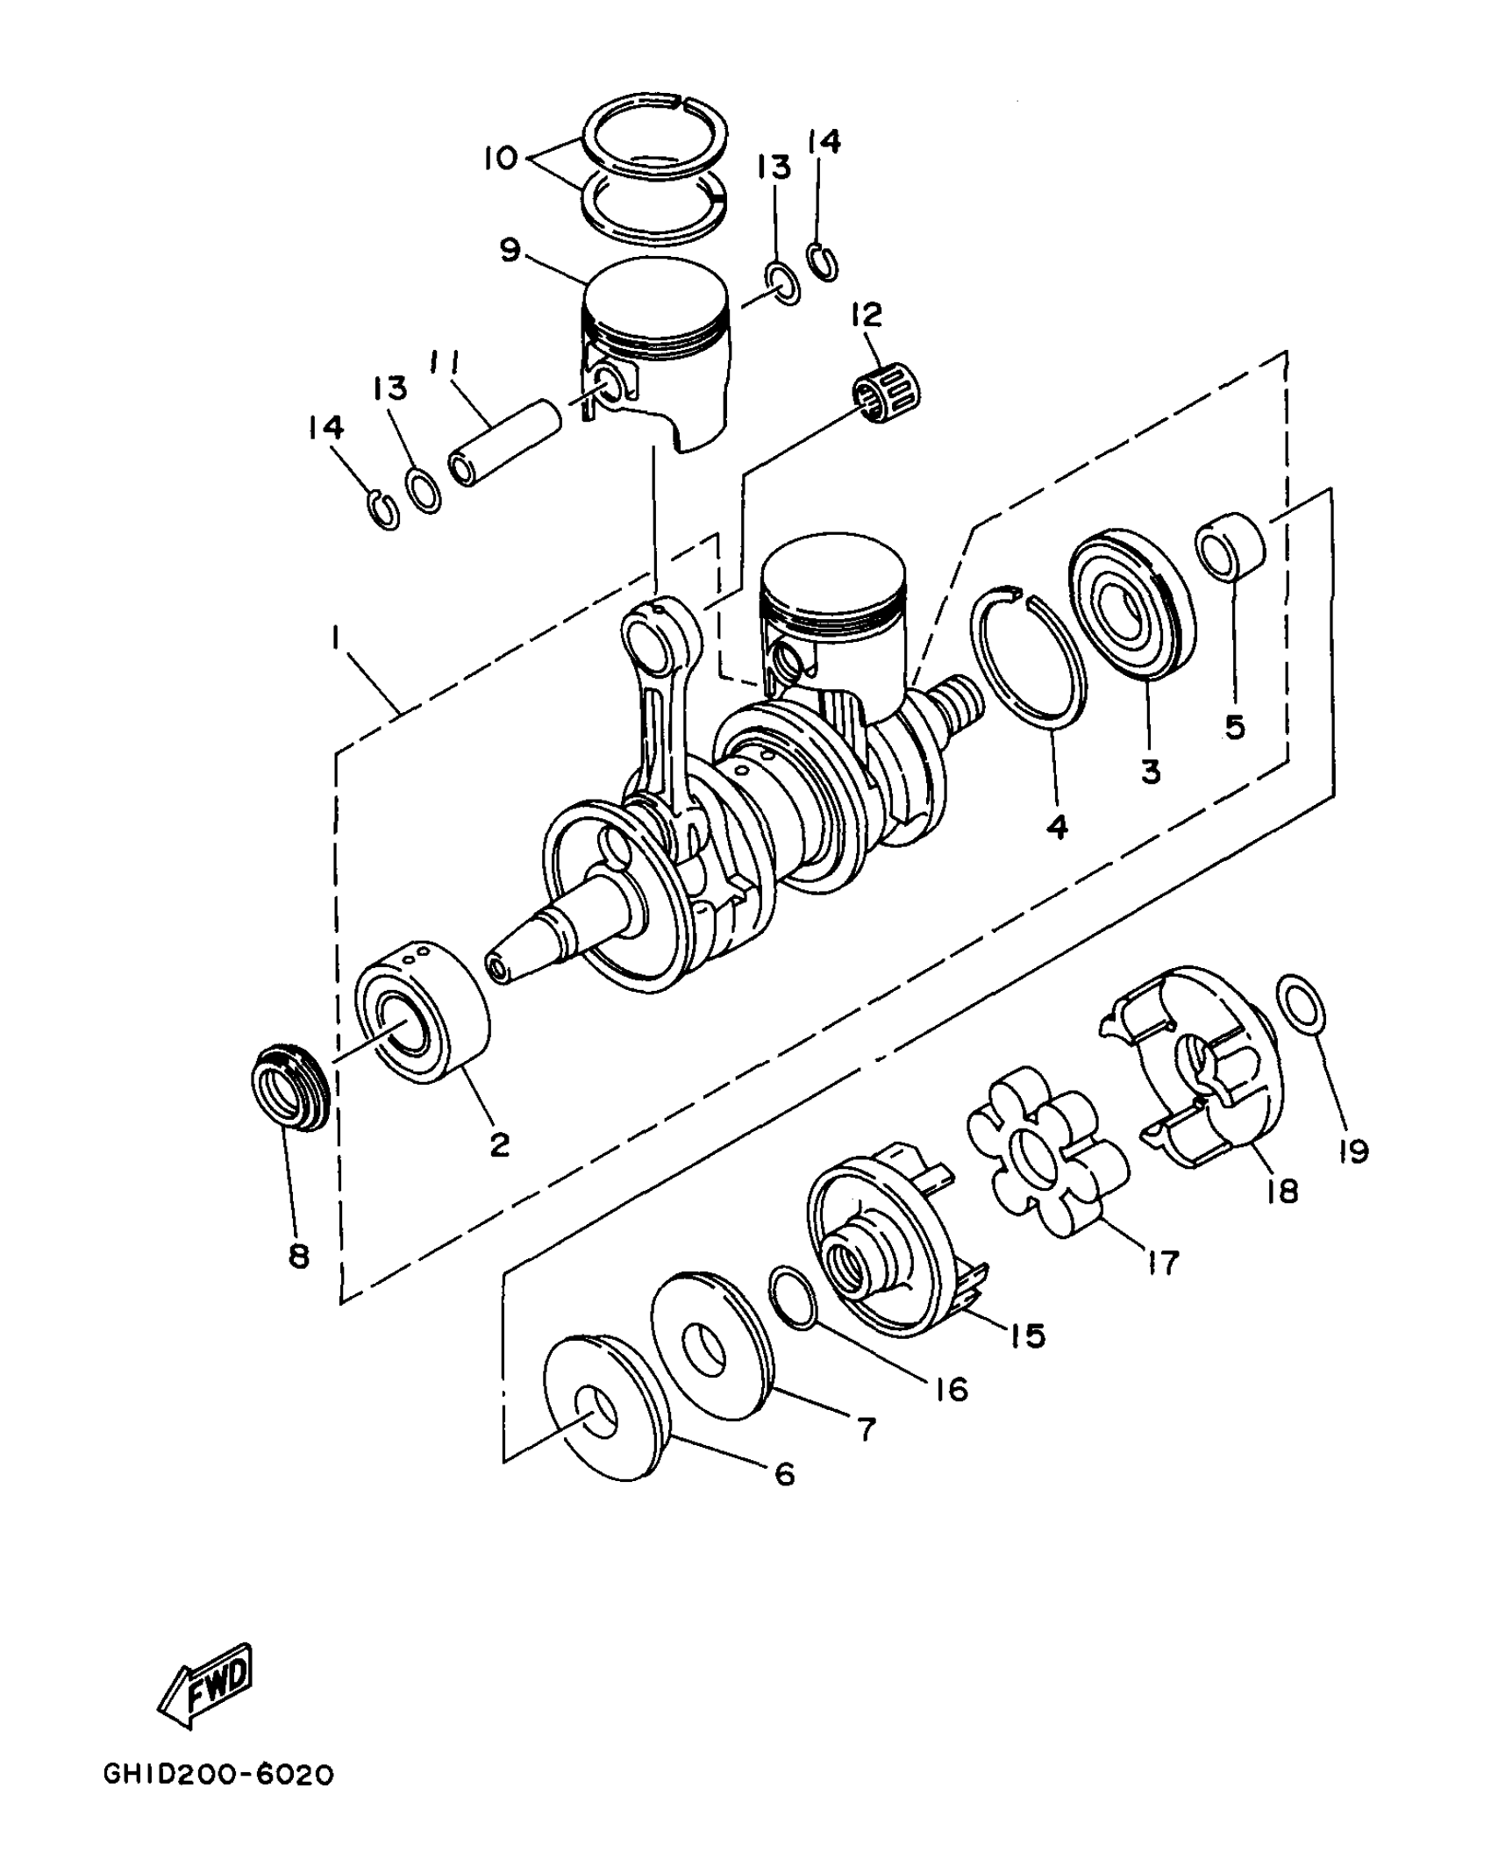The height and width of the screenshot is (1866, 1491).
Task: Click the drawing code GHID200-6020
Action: (218, 1797)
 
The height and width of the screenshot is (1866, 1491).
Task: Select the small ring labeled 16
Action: (793, 1297)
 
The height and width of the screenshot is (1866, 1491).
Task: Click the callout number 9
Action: (510, 250)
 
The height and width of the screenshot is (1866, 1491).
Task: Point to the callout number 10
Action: (503, 159)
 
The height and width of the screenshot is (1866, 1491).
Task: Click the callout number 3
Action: (1151, 771)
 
